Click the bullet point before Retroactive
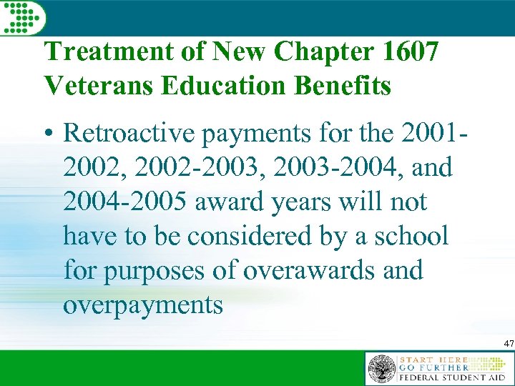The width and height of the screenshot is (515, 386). pyautogui.click(x=49, y=134)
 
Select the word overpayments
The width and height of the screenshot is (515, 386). pyautogui.click(x=143, y=305)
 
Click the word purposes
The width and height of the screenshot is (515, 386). pyautogui.click(x=150, y=270)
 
